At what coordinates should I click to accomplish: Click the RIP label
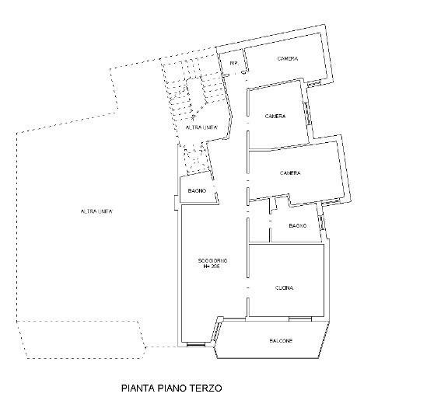point(233,63)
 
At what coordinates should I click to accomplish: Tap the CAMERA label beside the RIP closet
point(288,59)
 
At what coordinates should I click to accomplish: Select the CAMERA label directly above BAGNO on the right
point(289,172)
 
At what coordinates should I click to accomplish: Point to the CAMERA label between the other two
point(275,117)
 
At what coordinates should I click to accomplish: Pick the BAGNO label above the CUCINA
point(297,225)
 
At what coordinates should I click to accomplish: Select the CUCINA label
point(285,288)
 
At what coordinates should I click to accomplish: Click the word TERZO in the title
point(208,385)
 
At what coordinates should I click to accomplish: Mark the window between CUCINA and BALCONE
point(299,318)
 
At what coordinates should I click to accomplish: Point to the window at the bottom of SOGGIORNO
point(196,345)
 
